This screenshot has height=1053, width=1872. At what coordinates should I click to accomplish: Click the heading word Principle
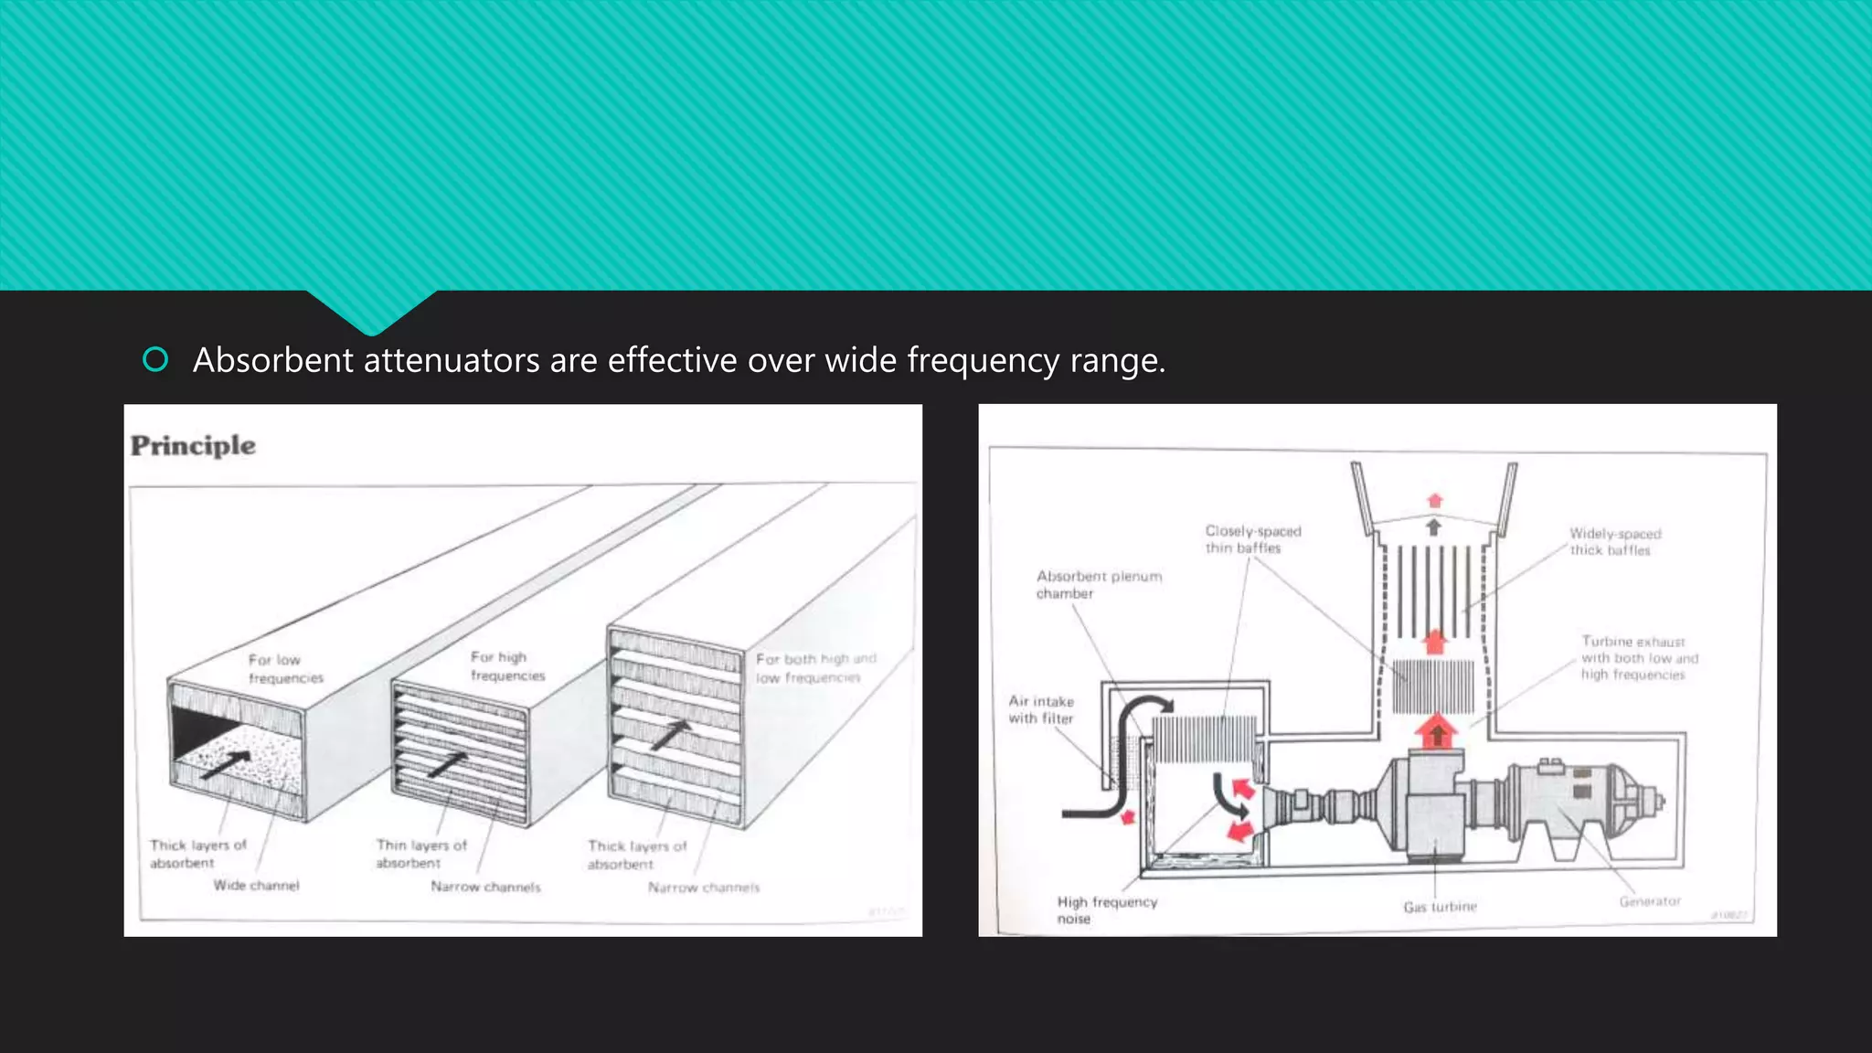[193, 446]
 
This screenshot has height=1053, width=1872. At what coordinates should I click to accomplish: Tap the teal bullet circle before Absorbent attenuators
[155, 360]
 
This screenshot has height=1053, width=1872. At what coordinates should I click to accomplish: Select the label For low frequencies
[285, 668]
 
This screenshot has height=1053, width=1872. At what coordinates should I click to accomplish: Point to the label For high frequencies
[507, 666]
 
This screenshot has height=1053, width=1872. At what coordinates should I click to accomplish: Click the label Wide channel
[256, 885]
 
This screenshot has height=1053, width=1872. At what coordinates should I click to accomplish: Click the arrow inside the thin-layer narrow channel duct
[448, 764]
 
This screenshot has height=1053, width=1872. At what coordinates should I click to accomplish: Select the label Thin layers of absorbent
[420, 854]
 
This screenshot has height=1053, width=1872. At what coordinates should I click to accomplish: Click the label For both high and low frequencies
[814, 668]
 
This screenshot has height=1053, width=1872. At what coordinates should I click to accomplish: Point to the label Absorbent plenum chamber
[1098, 585]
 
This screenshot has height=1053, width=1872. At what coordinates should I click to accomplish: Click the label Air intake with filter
[1041, 709]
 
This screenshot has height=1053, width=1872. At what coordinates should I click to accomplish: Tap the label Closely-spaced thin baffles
[1251, 539]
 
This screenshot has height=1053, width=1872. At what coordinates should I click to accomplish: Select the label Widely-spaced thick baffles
[1614, 542]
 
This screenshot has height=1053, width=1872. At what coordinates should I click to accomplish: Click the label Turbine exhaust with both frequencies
[1639, 658]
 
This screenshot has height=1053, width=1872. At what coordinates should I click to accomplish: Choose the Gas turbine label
[1440, 907]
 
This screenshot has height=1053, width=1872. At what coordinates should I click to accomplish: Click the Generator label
[1650, 901]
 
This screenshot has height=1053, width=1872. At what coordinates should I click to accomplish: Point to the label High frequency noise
[1106, 909]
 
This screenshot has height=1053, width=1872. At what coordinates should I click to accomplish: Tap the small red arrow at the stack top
[1434, 501]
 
